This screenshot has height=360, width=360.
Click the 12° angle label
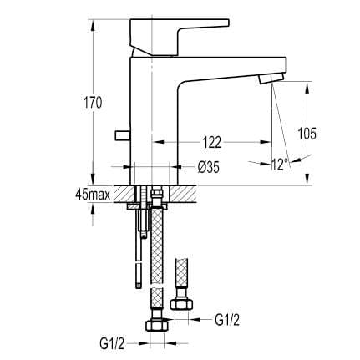[279, 165]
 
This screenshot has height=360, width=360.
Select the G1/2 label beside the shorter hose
[227, 318]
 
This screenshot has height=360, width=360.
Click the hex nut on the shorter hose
[180, 301]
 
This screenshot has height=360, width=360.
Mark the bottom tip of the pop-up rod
[134, 285]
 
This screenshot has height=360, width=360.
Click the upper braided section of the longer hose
[156, 242]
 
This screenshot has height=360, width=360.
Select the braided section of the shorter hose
[180, 275]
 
